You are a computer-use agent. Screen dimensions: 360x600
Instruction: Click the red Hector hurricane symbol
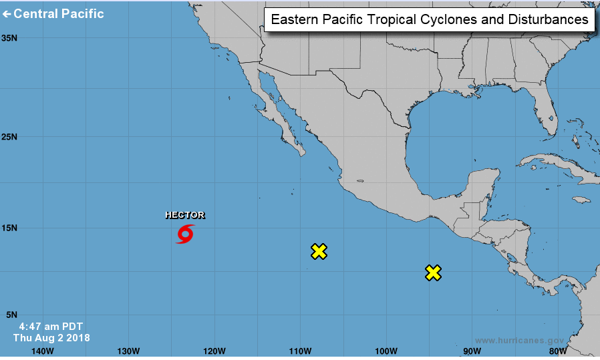(x=185, y=234)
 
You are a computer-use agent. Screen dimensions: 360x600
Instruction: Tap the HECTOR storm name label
(x=185, y=215)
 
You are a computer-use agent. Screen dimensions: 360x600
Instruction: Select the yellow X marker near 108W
(x=319, y=251)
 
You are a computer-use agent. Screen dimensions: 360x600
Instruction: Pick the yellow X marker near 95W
(x=433, y=273)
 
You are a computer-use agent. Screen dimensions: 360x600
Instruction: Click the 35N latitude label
(x=9, y=38)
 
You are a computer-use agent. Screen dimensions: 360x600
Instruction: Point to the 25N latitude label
(x=9, y=137)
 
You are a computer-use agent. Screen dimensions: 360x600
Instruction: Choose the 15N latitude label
(x=9, y=228)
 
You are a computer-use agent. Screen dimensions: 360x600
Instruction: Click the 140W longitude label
(x=42, y=351)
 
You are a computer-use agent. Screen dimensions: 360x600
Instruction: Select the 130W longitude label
(x=128, y=351)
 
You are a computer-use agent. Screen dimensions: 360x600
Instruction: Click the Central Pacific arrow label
(x=54, y=13)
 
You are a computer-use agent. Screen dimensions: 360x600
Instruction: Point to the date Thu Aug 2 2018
(x=51, y=338)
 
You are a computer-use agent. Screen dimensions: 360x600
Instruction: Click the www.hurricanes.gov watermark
(x=519, y=340)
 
